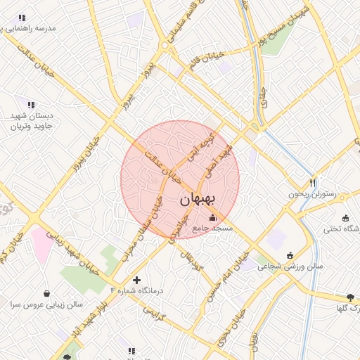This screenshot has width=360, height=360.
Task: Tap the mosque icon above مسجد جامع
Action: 213,217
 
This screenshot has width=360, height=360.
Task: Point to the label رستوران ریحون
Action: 312,194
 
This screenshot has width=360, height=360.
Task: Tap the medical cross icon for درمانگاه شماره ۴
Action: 136,280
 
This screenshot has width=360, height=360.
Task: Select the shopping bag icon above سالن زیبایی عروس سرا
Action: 46,293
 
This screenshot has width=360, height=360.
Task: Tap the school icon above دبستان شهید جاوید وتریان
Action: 30,104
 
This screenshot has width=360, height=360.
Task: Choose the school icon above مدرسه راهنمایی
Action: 22,18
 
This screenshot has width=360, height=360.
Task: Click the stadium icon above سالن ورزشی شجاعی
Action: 290,255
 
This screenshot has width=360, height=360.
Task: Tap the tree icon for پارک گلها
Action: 350,297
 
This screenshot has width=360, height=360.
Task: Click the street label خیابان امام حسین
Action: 227,276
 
